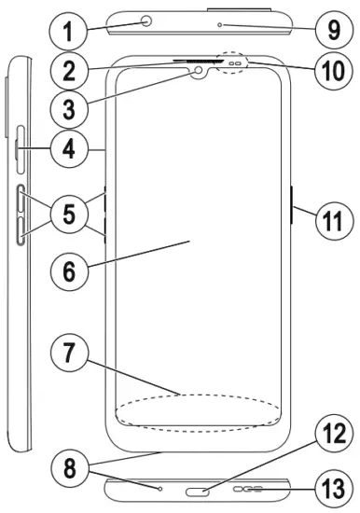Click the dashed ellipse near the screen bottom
197,411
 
